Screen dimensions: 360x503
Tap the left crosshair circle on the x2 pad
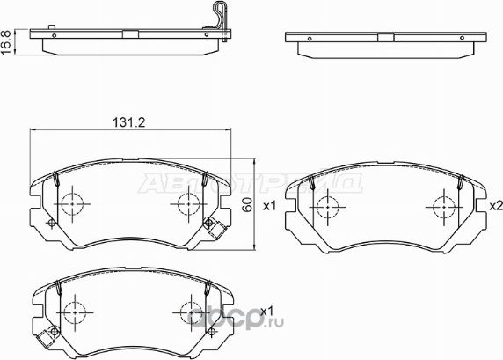pos(327,209)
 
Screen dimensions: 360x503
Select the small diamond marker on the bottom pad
pos(51,332)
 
